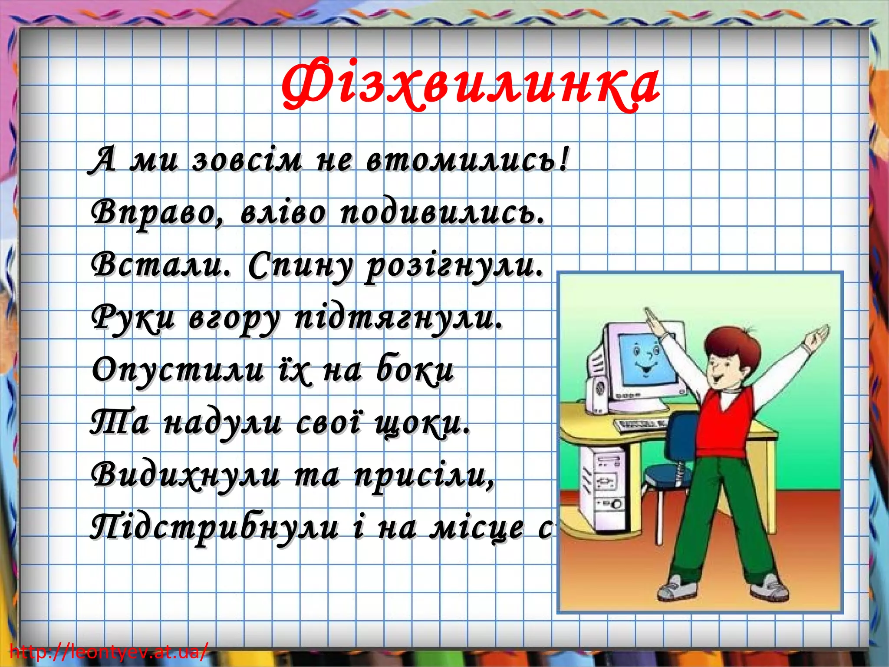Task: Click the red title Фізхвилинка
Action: [471, 85]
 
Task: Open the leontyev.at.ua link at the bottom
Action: [109, 652]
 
